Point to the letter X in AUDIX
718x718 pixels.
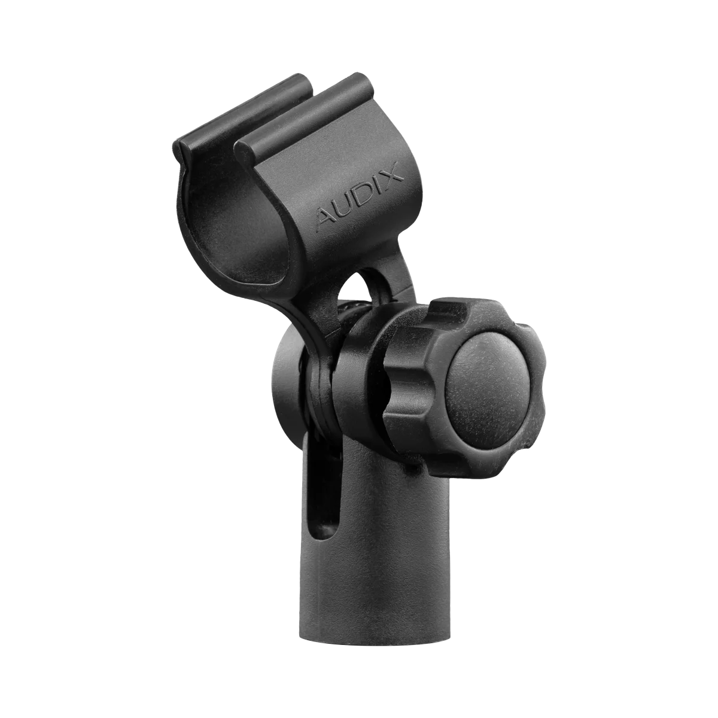pyautogui.click(x=393, y=174)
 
